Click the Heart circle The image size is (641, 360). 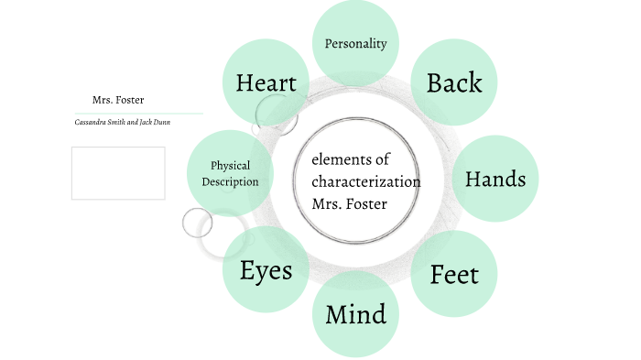[x=266, y=83]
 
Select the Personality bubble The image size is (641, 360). [x=356, y=43]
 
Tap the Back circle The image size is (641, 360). [x=453, y=82]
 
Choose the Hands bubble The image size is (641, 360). [x=495, y=179]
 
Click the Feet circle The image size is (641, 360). [x=453, y=274]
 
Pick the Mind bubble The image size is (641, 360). [x=355, y=315]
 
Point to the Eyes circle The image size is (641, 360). [x=266, y=270]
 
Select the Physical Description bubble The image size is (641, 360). [x=230, y=173]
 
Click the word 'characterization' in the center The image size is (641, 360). [x=365, y=181]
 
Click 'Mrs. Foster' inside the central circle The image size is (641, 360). [x=349, y=202]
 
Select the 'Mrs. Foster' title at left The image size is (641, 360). [x=117, y=99]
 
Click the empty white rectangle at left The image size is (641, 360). [x=118, y=173]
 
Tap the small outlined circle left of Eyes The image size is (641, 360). [x=197, y=223]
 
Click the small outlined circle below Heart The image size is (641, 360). [x=272, y=112]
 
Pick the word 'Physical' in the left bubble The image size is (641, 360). [x=231, y=166]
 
